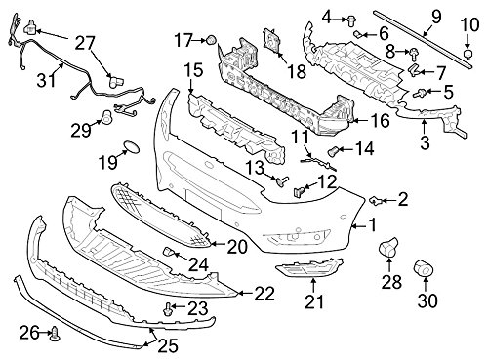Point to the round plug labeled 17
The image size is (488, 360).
tap(210, 39)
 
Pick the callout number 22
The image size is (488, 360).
tap(264, 292)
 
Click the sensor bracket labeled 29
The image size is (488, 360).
tap(105, 119)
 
